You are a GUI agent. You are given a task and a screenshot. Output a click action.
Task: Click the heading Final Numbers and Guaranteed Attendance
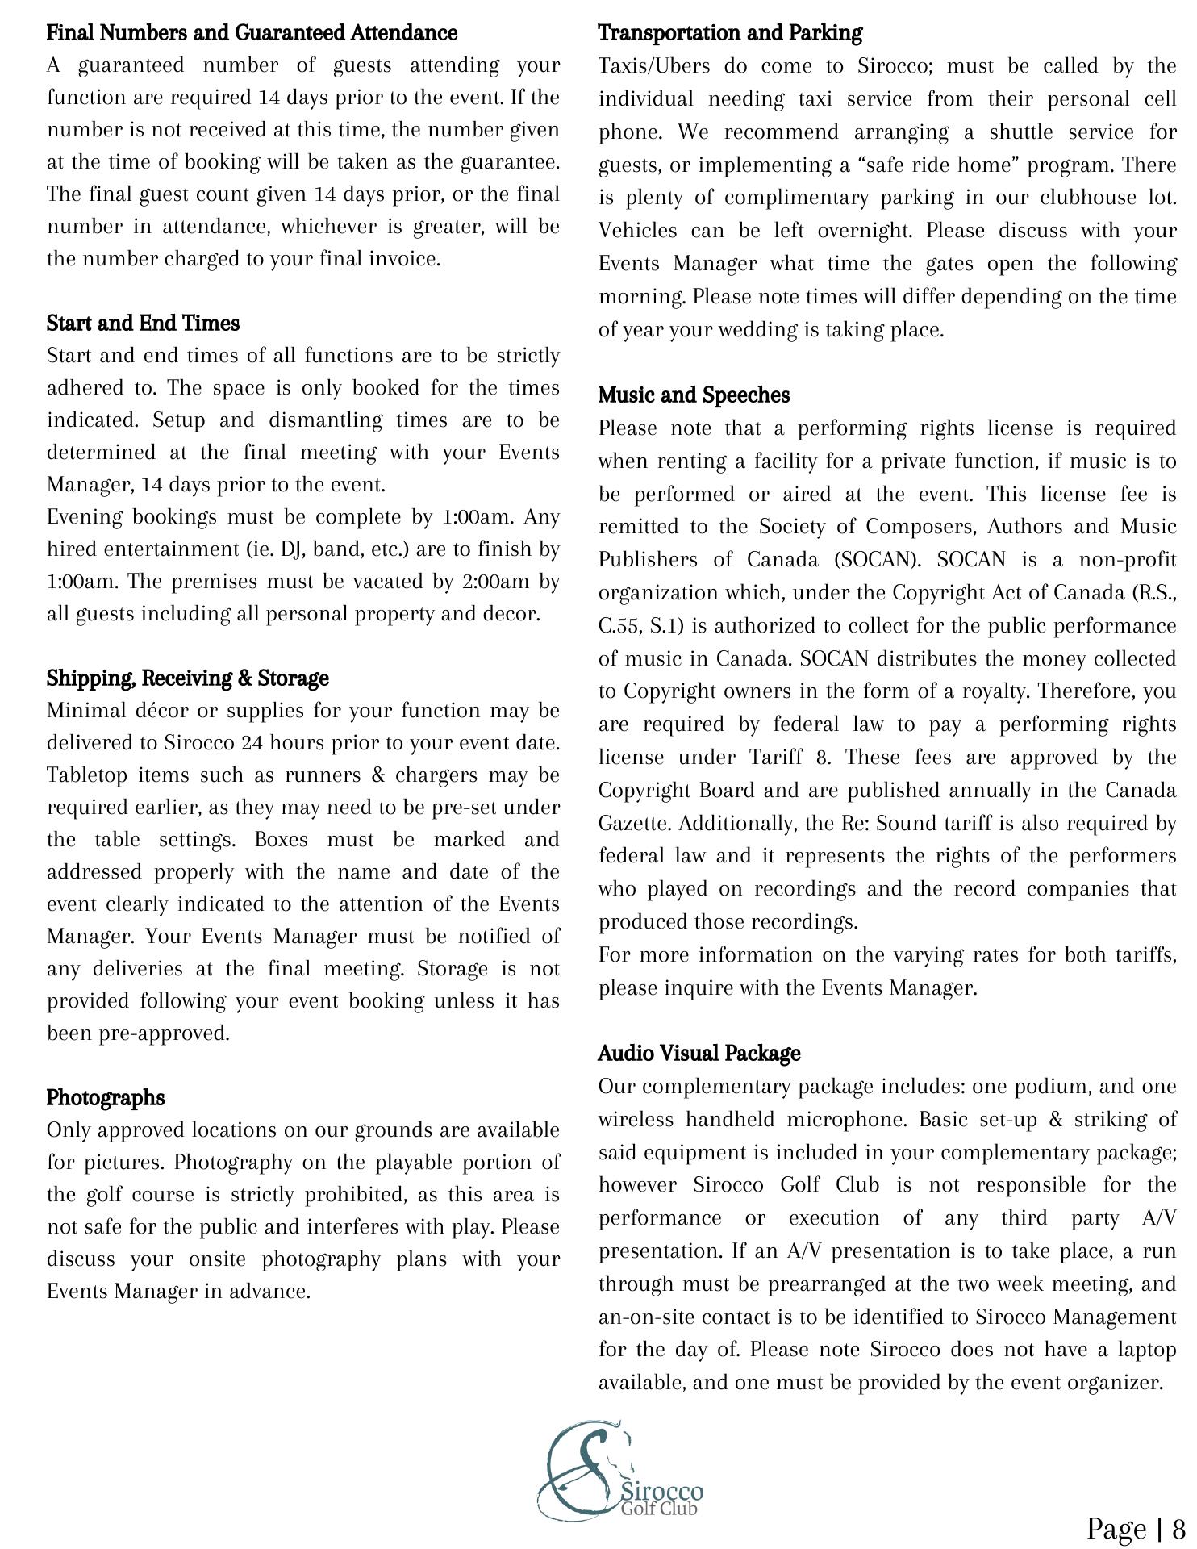[252, 33]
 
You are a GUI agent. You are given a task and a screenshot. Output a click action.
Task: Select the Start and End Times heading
[143, 324]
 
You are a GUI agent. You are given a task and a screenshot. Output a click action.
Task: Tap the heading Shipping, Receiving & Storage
[187, 678]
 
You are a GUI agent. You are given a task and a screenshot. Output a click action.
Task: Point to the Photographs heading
[106, 1098]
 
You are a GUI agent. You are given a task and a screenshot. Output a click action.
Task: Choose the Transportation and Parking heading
[730, 33]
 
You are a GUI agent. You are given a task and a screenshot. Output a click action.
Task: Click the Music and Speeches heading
[694, 395]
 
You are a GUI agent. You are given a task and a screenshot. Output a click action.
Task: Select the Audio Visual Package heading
[699, 1054]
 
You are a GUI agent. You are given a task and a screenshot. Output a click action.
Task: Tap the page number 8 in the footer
[1178, 1528]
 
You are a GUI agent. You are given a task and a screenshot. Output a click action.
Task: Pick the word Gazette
[634, 824]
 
